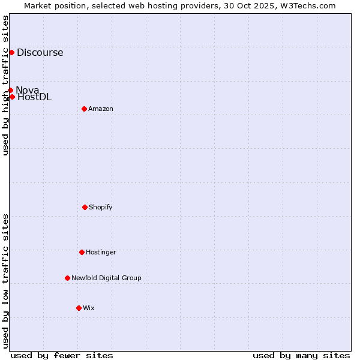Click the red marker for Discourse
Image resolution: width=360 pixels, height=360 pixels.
[x=11, y=52]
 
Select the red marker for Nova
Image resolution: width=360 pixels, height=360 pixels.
[x=10, y=90]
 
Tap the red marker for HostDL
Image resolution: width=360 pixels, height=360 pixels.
[x=12, y=97]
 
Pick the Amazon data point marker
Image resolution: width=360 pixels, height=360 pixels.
[x=84, y=109]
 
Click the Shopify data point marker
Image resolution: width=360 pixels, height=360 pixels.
[x=85, y=207]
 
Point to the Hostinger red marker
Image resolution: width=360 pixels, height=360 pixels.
[x=82, y=252]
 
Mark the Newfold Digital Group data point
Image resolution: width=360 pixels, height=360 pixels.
[x=67, y=278]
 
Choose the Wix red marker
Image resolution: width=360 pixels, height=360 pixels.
[x=79, y=308]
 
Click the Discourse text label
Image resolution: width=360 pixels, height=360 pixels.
[x=40, y=52]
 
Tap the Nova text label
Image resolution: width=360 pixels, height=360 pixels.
[x=28, y=90]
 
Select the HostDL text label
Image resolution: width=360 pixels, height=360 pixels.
[x=35, y=97]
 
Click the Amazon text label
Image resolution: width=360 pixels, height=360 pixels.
[x=101, y=109]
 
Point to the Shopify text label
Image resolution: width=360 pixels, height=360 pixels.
[x=101, y=207]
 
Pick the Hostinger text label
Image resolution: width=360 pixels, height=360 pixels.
[x=101, y=252]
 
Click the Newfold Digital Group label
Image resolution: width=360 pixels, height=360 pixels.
[x=106, y=278]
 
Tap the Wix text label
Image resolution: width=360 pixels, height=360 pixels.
[x=89, y=308]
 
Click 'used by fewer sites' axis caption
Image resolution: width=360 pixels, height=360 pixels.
[x=62, y=355]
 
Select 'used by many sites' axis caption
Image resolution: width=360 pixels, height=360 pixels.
[x=301, y=355]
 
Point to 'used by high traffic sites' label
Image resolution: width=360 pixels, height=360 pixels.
[x=5, y=85]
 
